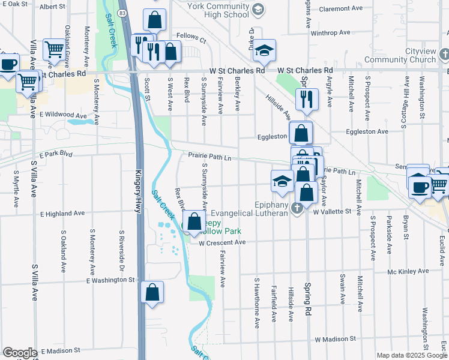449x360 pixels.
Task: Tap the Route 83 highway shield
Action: [x=122, y=13]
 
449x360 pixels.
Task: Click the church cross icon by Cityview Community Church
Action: [x=443, y=55]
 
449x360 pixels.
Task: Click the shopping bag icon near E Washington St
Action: [x=152, y=293]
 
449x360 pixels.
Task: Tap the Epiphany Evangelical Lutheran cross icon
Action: [x=295, y=208]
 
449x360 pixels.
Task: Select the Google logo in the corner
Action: [x=20, y=353]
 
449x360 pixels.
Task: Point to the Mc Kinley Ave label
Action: [x=408, y=271]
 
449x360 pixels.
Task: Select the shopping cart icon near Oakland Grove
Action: [x=54, y=49]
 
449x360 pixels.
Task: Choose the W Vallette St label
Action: [x=331, y=212]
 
